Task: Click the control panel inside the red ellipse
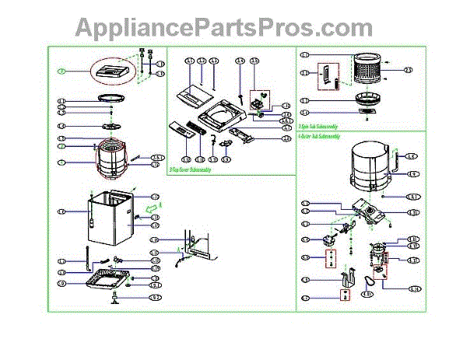(x=115, y=72)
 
